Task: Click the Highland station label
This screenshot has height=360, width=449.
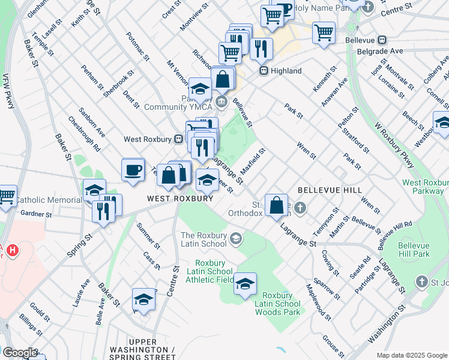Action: [286, 71]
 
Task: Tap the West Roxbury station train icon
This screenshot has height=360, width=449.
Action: [178, 139]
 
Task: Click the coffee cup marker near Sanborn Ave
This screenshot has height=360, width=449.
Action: [133, 169]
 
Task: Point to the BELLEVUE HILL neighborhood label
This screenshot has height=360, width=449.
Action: [330, 190]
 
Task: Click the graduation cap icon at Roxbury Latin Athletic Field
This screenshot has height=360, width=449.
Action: [245, 284]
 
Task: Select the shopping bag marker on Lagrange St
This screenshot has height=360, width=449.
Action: [277, 206]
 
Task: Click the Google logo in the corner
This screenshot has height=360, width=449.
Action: [20, 353]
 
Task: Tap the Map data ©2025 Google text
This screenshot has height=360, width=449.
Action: [412, 355]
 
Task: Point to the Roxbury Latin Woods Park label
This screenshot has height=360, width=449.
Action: [277, 304]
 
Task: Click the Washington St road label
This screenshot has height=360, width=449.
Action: [387, 324]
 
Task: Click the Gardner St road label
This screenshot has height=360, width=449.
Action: [36, 214]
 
